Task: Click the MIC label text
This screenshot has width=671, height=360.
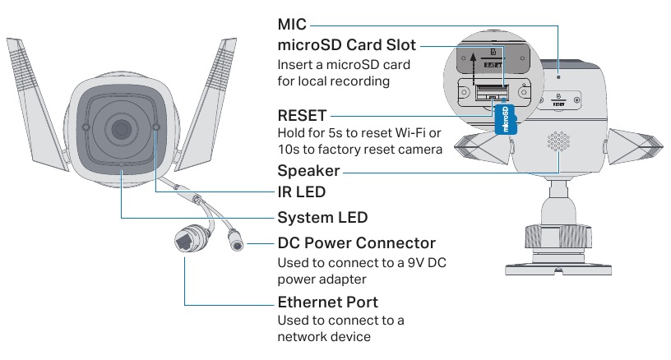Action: (292, 25)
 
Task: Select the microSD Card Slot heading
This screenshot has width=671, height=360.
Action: (347, 44)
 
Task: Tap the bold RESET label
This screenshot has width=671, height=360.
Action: (302, 116)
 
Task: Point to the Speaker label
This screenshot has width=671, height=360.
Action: (308, 171)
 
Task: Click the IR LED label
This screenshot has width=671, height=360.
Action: (302, 192)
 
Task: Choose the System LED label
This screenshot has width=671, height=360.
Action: (322, 218)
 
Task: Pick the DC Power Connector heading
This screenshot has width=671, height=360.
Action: (356, 243)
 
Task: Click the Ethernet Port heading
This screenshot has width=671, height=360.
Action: (327, 302)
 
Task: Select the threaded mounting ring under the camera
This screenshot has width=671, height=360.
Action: (559, 235)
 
